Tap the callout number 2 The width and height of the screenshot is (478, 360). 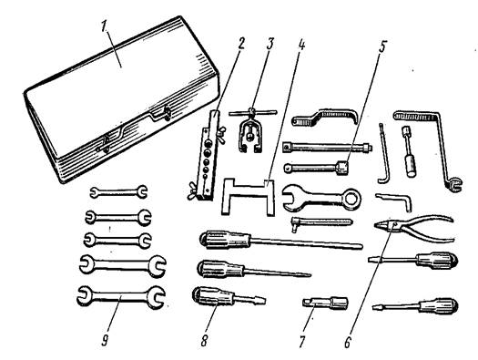[x=240, y=44]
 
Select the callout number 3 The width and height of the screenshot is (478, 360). [x=270, y=44]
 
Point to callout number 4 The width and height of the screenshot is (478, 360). [x=300, y=44]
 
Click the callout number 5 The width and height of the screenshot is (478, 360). [x=382, y=45]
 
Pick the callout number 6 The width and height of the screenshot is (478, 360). [x=348, y=342]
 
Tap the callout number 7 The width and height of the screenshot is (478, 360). [x=302, y=342]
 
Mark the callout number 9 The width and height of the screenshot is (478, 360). [x=105, y=340]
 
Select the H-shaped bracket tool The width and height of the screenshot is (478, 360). [x=248, y=196]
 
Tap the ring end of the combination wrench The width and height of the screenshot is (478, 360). [x=352, y=200]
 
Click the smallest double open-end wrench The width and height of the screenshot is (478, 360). [x=118, y=192]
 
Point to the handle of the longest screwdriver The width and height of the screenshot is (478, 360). [x=225, y=239]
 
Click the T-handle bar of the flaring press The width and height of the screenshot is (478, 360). [x=253, y=112]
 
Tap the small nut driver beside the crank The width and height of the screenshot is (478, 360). [x=409, y=151]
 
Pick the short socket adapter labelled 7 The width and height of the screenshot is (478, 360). [x=325, y=303]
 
